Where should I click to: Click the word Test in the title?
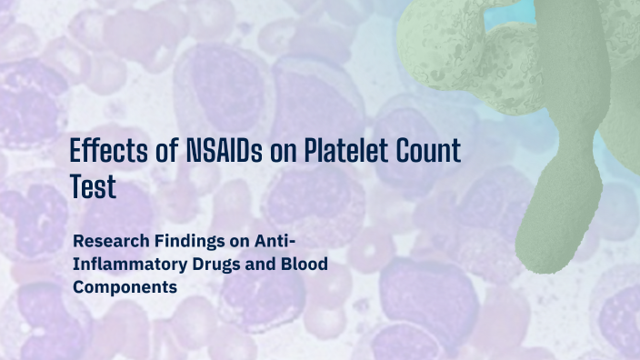tap(94, 187)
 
